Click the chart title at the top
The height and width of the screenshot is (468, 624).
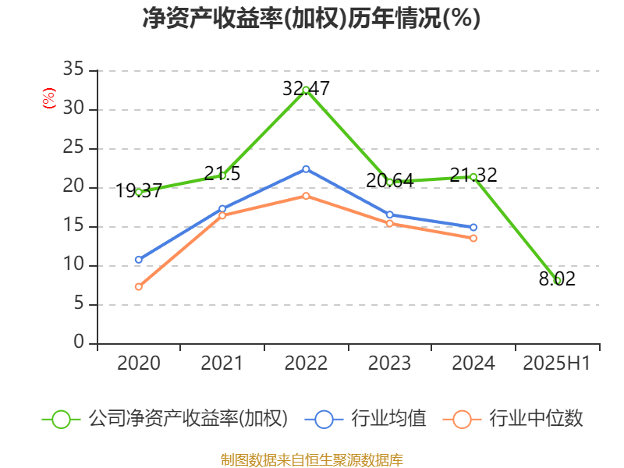pyautogui.click(x=311, y=18)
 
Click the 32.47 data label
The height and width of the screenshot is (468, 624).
pyautogui.click(x=306, y=89)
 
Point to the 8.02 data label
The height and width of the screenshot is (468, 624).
pyautogui.click(x=557, y=279)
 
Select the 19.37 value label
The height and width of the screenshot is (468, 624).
pyautogui.click(x=139, y=191)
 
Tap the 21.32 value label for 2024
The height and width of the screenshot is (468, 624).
pyautogui.click(x=473, y=175)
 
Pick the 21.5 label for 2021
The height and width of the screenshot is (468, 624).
pyautogui.click(x=222, y=174)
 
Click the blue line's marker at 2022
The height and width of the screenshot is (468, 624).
pyautogui.click(x=306, y=168)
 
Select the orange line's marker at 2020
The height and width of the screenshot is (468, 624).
pyautogui.click(x=139, y=287)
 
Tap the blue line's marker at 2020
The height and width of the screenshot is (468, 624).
pyautogui.click(x=139, y=260)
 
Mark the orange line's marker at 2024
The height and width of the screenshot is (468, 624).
pyautogui.click(x=473, y=238)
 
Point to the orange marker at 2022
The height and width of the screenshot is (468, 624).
pyautogui.click(x=306, y=196)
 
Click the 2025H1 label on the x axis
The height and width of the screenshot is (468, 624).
pyautogui.click(x=556, y=363)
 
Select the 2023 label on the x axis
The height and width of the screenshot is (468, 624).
pyautogui.click(x=389, y=363)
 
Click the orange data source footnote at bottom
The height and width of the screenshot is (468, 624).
pyautogui.click(x=311, y=459)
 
